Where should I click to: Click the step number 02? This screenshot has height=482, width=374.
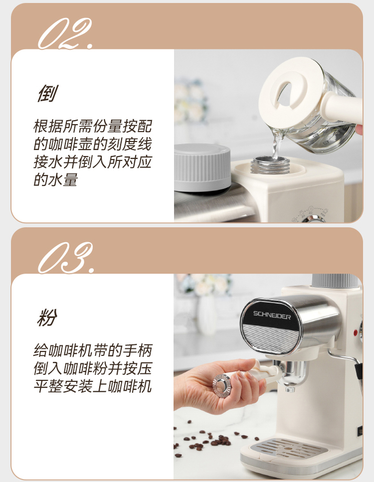[x=65, y=33]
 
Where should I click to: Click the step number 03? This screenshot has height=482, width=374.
[x=66, y=258]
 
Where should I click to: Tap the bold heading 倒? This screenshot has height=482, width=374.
[x=47, y=93]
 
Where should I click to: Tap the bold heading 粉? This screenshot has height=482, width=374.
[x=47, y=318]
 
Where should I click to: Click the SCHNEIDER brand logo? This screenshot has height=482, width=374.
[x=272, y=315]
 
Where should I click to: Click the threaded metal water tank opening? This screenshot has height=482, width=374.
[x=270, y=165]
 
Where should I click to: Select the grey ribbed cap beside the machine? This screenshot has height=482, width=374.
[x=202, y=167]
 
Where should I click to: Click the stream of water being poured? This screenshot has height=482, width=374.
[x=276, y=145]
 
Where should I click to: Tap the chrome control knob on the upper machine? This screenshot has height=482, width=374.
[x=312, y=219]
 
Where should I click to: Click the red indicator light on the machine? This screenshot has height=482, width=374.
[x=356, y=332]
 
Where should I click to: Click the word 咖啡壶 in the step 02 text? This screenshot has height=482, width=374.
[x=63, y=144]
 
